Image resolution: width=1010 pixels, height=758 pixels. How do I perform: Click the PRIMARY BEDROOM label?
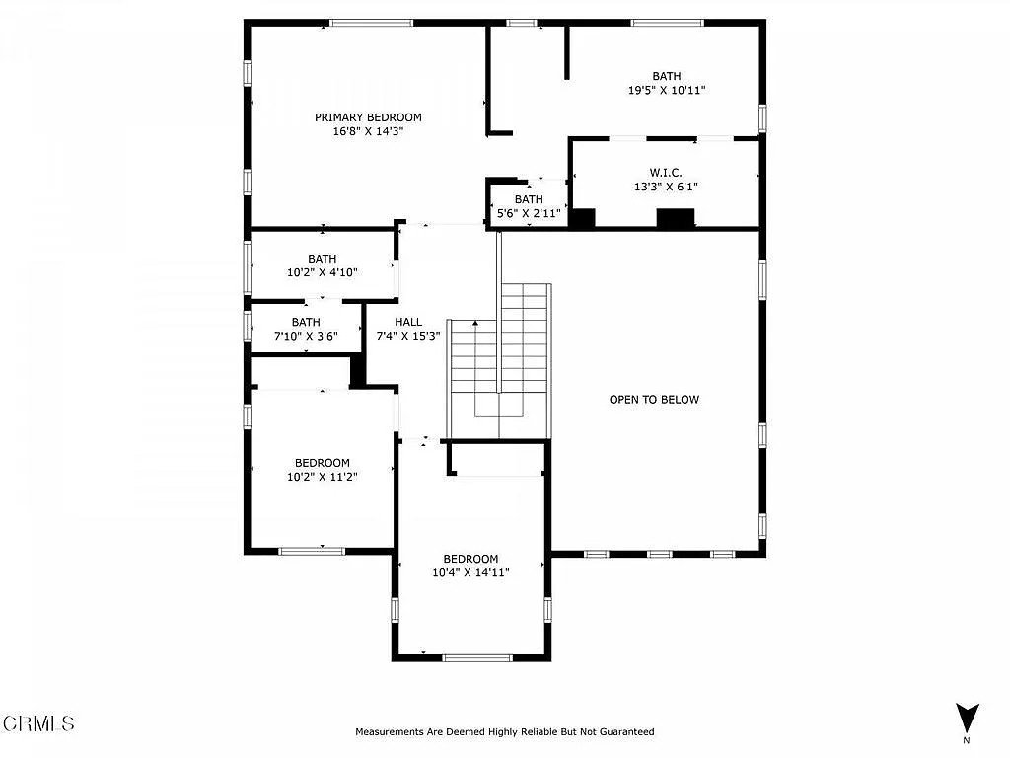[368, 117]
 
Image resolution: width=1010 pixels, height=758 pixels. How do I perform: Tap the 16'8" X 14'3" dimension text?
[368, 131]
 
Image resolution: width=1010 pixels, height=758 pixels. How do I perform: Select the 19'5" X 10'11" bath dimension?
[667, 90]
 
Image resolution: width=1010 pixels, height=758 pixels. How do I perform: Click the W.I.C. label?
[666, 173]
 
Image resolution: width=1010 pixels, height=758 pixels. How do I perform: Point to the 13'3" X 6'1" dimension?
[666, 187]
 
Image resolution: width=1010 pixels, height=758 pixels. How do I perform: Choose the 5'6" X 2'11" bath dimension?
[529, 213]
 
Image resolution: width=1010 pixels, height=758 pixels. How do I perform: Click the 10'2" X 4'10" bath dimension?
[323, 272]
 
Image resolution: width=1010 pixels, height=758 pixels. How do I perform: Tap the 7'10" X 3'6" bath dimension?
[306, 336]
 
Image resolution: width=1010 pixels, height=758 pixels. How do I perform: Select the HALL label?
[408, 322]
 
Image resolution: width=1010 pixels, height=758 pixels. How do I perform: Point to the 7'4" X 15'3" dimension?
[408, 336]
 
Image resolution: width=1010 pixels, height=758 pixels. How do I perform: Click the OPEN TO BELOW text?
[654, 400]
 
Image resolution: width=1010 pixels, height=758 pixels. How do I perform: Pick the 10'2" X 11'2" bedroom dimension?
[323, 477]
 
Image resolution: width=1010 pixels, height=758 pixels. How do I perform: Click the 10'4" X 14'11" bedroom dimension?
[470, 572]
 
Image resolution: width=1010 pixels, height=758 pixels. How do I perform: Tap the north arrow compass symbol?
[967, 718]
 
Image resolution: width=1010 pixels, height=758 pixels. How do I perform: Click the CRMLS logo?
[38, 723]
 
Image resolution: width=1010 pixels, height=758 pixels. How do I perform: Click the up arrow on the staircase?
[475, 323]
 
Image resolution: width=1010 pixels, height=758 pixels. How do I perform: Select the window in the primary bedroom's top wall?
[372, 24]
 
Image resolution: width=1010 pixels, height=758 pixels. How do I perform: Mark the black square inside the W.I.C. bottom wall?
[675, 218]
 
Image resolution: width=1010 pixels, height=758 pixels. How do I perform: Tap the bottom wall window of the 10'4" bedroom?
[477, 658]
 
